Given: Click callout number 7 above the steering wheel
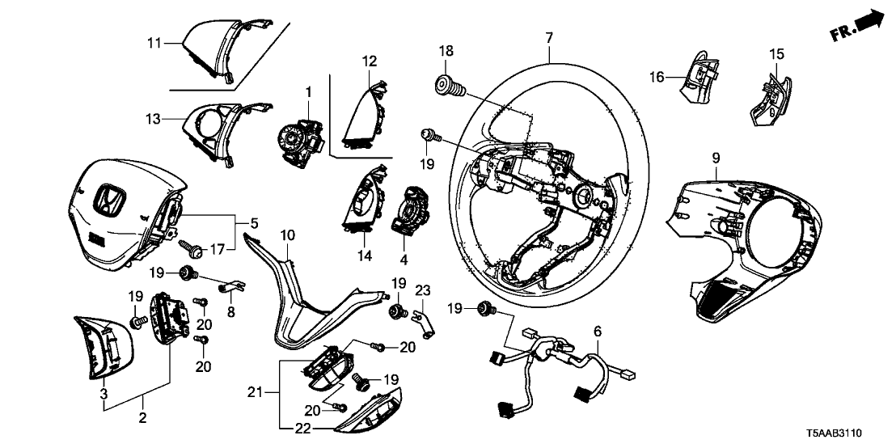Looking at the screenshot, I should pos(549,36).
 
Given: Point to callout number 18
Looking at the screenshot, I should pos(446,52).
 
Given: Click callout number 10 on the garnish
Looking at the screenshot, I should pos(287,235).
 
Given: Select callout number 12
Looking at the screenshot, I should pos(370,61).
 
